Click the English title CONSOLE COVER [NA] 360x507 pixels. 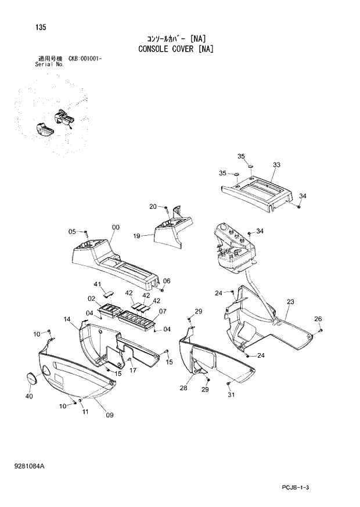point(175,49)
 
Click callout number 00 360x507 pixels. point(116,228)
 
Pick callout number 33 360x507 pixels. point(276,165)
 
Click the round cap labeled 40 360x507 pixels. point(31,377)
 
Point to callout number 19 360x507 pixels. point(137,236)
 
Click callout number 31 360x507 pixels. point(231,395)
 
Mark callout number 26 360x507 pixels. point(318,319)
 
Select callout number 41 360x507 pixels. point(98,284)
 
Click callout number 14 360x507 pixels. point(67,319)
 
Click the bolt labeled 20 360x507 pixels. point(166,207)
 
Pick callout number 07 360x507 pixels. point(163,311)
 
